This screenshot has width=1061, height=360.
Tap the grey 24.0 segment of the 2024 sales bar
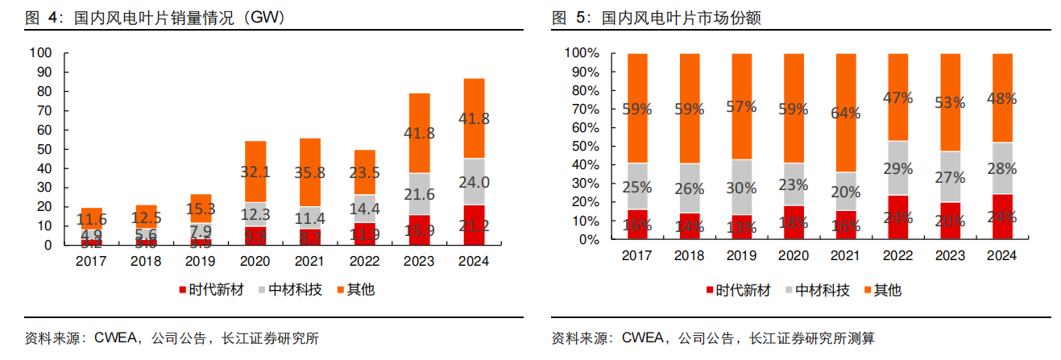click(x=473, y=181)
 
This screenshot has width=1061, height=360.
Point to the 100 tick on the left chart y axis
click(x=40, y=53)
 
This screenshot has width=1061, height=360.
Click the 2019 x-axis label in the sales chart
click(x=201, y=261)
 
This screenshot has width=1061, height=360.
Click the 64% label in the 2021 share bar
click(x=846, y=112)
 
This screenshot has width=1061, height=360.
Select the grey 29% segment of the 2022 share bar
click(x=897, y=168)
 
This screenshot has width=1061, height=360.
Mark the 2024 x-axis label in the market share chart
click(x=1002, y=255)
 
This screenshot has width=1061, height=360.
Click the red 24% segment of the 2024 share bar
click(x=1002, y=217)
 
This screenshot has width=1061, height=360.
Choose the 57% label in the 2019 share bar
click(x=741, y=106)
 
